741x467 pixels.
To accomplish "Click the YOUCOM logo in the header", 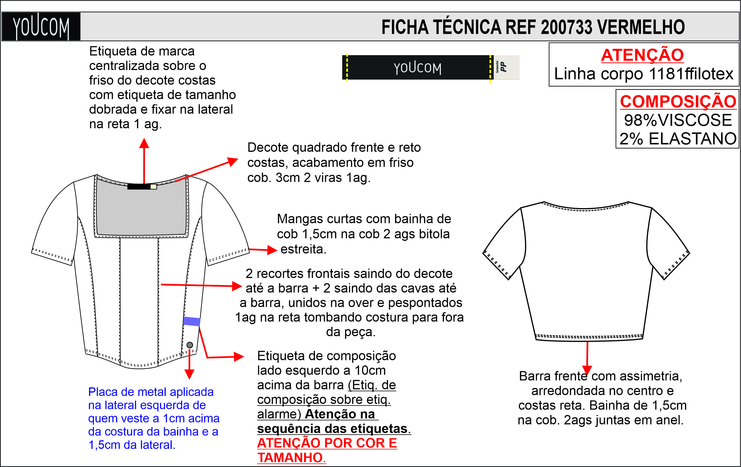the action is [x=41, y=26].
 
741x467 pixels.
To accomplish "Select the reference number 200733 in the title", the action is [x=566, y=27].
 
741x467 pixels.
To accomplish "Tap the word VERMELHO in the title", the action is [x=641, y=27].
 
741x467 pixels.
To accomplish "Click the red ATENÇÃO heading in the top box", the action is [x=643, y=55].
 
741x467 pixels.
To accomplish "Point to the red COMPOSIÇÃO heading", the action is [x=678, y=101].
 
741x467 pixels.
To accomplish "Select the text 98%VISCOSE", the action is [x=678, y=120].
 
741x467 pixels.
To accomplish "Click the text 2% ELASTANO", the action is [x=678, y=138].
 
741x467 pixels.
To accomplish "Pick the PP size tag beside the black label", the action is [x=507, y=67].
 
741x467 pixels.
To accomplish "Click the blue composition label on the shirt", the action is [x=192, y=321].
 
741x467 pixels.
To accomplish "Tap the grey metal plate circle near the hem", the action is [x=190, y=345].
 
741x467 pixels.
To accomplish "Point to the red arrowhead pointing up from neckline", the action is [x=144, y=143].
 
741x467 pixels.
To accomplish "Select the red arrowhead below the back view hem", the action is [x=587, y=370].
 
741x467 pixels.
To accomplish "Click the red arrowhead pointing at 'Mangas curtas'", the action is [x=272, y=250].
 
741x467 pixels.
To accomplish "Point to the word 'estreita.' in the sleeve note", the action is [x=303, y=249].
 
